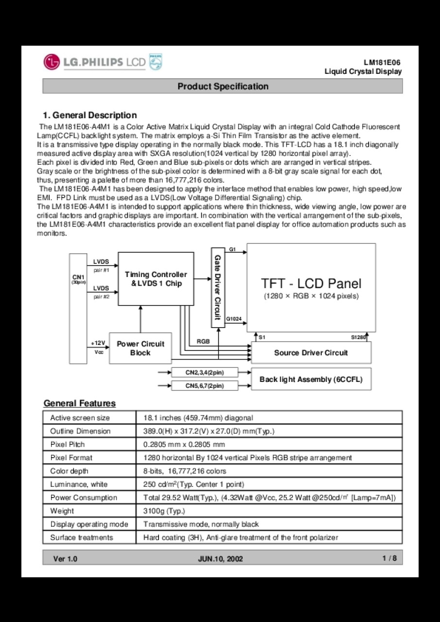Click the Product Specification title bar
(x=223, y=86)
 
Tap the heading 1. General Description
(x=90, y=115)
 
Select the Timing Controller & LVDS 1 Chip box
(x=156, y=279)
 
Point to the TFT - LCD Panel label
(x=311, y=283)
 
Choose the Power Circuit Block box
(x=140, y=348)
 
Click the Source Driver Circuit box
(x=311, y=353)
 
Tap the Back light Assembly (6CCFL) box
(x=311, y=380)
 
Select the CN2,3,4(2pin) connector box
(x=205, y=373)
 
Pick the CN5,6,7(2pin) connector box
(x=205, y=386)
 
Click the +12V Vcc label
(x=98, y=347)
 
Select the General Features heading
(x=80, y=403)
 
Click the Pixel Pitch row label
(x=68, y=444)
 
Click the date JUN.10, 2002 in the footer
(x=220, y=559)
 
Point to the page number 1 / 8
(x=389, y=558)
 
